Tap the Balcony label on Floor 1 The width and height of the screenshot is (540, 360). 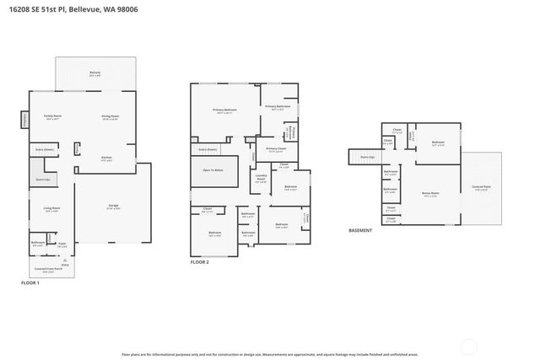point(95,73)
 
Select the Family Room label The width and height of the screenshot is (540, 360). point(52,116)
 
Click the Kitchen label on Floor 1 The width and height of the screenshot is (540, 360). point(107,158)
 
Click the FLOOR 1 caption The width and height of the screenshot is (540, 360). point(30,283)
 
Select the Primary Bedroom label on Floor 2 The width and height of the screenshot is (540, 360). point(224,110)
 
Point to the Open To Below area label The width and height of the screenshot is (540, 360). point(213,170)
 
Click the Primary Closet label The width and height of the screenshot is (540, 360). point(275,149)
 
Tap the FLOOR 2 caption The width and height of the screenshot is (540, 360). point(200,261)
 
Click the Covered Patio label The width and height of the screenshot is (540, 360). point(483,187)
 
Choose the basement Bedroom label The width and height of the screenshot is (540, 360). point(438,142)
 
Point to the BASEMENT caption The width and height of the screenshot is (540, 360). point(360,229)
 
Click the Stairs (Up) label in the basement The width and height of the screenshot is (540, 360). point(366,157)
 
